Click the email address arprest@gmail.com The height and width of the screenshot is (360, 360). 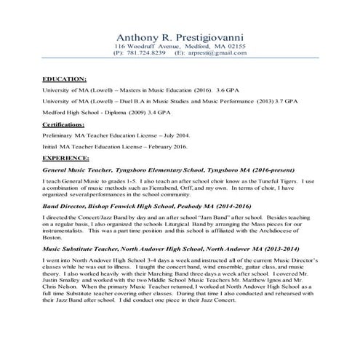click(x=216, y=53)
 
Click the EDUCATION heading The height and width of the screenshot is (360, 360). click(x=65, y=78)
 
